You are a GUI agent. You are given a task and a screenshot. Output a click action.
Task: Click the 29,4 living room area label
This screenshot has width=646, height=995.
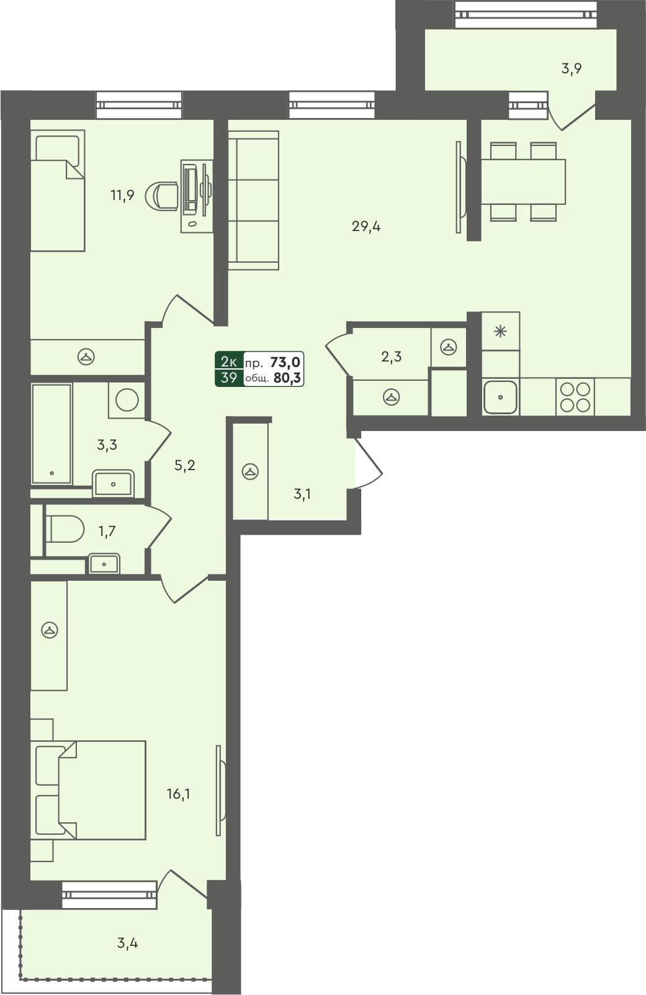point(366,227)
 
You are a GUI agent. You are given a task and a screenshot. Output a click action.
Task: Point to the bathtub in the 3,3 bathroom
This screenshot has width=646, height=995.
point(52,434)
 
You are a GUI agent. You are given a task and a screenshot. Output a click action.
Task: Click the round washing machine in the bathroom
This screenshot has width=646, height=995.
point(127,399)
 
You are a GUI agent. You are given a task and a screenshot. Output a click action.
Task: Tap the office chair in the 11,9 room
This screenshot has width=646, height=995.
point(163,196)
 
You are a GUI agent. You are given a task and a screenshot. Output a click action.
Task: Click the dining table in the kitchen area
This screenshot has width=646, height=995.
point(523,181)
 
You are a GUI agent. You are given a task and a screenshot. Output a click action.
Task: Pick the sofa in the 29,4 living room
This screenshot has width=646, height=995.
point(253,200)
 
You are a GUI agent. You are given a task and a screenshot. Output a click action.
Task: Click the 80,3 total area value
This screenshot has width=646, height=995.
point(287,378)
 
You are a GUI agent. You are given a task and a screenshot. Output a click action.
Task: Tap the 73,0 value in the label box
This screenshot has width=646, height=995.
point(285,361)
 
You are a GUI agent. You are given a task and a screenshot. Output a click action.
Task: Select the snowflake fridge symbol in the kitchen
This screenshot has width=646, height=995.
point(500,331)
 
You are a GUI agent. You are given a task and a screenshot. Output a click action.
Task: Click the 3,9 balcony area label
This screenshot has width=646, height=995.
point(571,69)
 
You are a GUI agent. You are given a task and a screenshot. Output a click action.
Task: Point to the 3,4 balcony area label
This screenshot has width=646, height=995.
point(127,943)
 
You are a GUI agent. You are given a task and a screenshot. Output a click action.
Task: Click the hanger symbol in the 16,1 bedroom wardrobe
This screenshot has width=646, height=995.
point(50,630)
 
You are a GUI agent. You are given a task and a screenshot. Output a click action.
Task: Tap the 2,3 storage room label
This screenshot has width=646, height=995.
point(391,357)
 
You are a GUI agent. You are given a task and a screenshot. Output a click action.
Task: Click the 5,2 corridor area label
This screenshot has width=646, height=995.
point(185,465)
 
